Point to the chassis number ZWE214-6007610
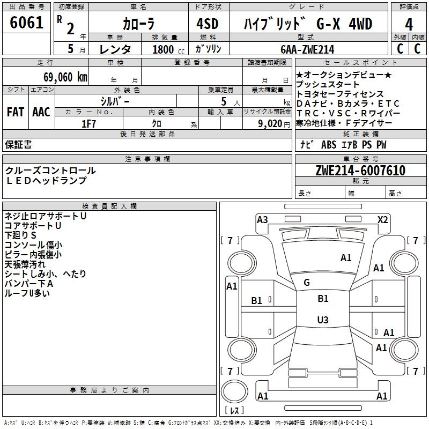[x=360, y=171]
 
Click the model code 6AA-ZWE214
[x=307, y=49]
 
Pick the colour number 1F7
[x=88, y=123]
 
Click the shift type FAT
[x=16, y=112]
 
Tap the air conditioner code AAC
[x=41, y=112]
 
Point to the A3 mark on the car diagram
[x=262, y=219]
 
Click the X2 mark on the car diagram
[x=382, y=219]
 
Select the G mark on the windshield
[x=306, y=283]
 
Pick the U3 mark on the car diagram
[x=322, y=320]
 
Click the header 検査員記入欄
[x=109, y=206]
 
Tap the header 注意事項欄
[x=147, y=159]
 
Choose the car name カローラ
[x=138, y=24]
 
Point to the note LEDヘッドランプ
[x=46, y=181]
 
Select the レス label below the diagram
[x=234, y=411]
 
